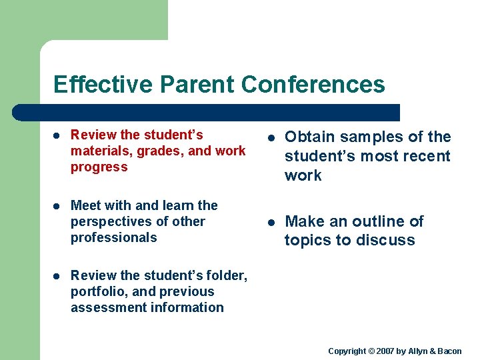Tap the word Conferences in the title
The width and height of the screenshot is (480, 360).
(x=313, y=85)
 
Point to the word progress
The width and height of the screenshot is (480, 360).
(x=99, y=167)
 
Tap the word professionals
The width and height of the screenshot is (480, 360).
(x=113, y=238)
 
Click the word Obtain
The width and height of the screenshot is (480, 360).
(x=309, y=137)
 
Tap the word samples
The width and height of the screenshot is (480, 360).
(x=371, y=137)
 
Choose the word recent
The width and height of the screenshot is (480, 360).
(x=427, y=157)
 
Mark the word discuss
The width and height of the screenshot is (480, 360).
(x=387, y=241)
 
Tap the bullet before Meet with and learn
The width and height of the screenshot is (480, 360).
(x=57, y=206)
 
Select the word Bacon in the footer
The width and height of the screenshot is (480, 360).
(x=449, y=351)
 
